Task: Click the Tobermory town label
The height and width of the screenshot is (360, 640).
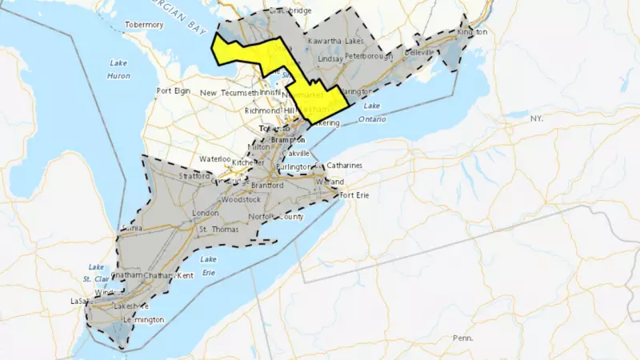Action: pyautogui.click(x=144, y=25)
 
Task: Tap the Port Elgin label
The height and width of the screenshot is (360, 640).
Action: pyautogui.click(x=174, y=91)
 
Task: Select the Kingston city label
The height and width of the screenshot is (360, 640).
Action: pyautogui.click(x=472, y=32)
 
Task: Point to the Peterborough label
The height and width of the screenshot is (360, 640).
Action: pyautogui.click(x=369, y=57)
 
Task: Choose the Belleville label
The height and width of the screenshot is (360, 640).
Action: pyautogui.click(x=419, y=52)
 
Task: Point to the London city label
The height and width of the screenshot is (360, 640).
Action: pyautogui.click(x=206, y=214)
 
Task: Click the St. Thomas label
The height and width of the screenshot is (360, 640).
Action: pyautogui.click(x=214, y=230)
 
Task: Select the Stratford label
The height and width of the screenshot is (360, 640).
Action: pyautogui.click(x=195, y=176)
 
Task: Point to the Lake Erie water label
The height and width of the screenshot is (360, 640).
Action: pyautogui.click(x=208, y=266)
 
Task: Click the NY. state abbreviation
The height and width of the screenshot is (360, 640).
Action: pyautogui.click(x=535, y=118)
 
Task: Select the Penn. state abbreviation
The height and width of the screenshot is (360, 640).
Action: pyautogui.click(x=462, y=338)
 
